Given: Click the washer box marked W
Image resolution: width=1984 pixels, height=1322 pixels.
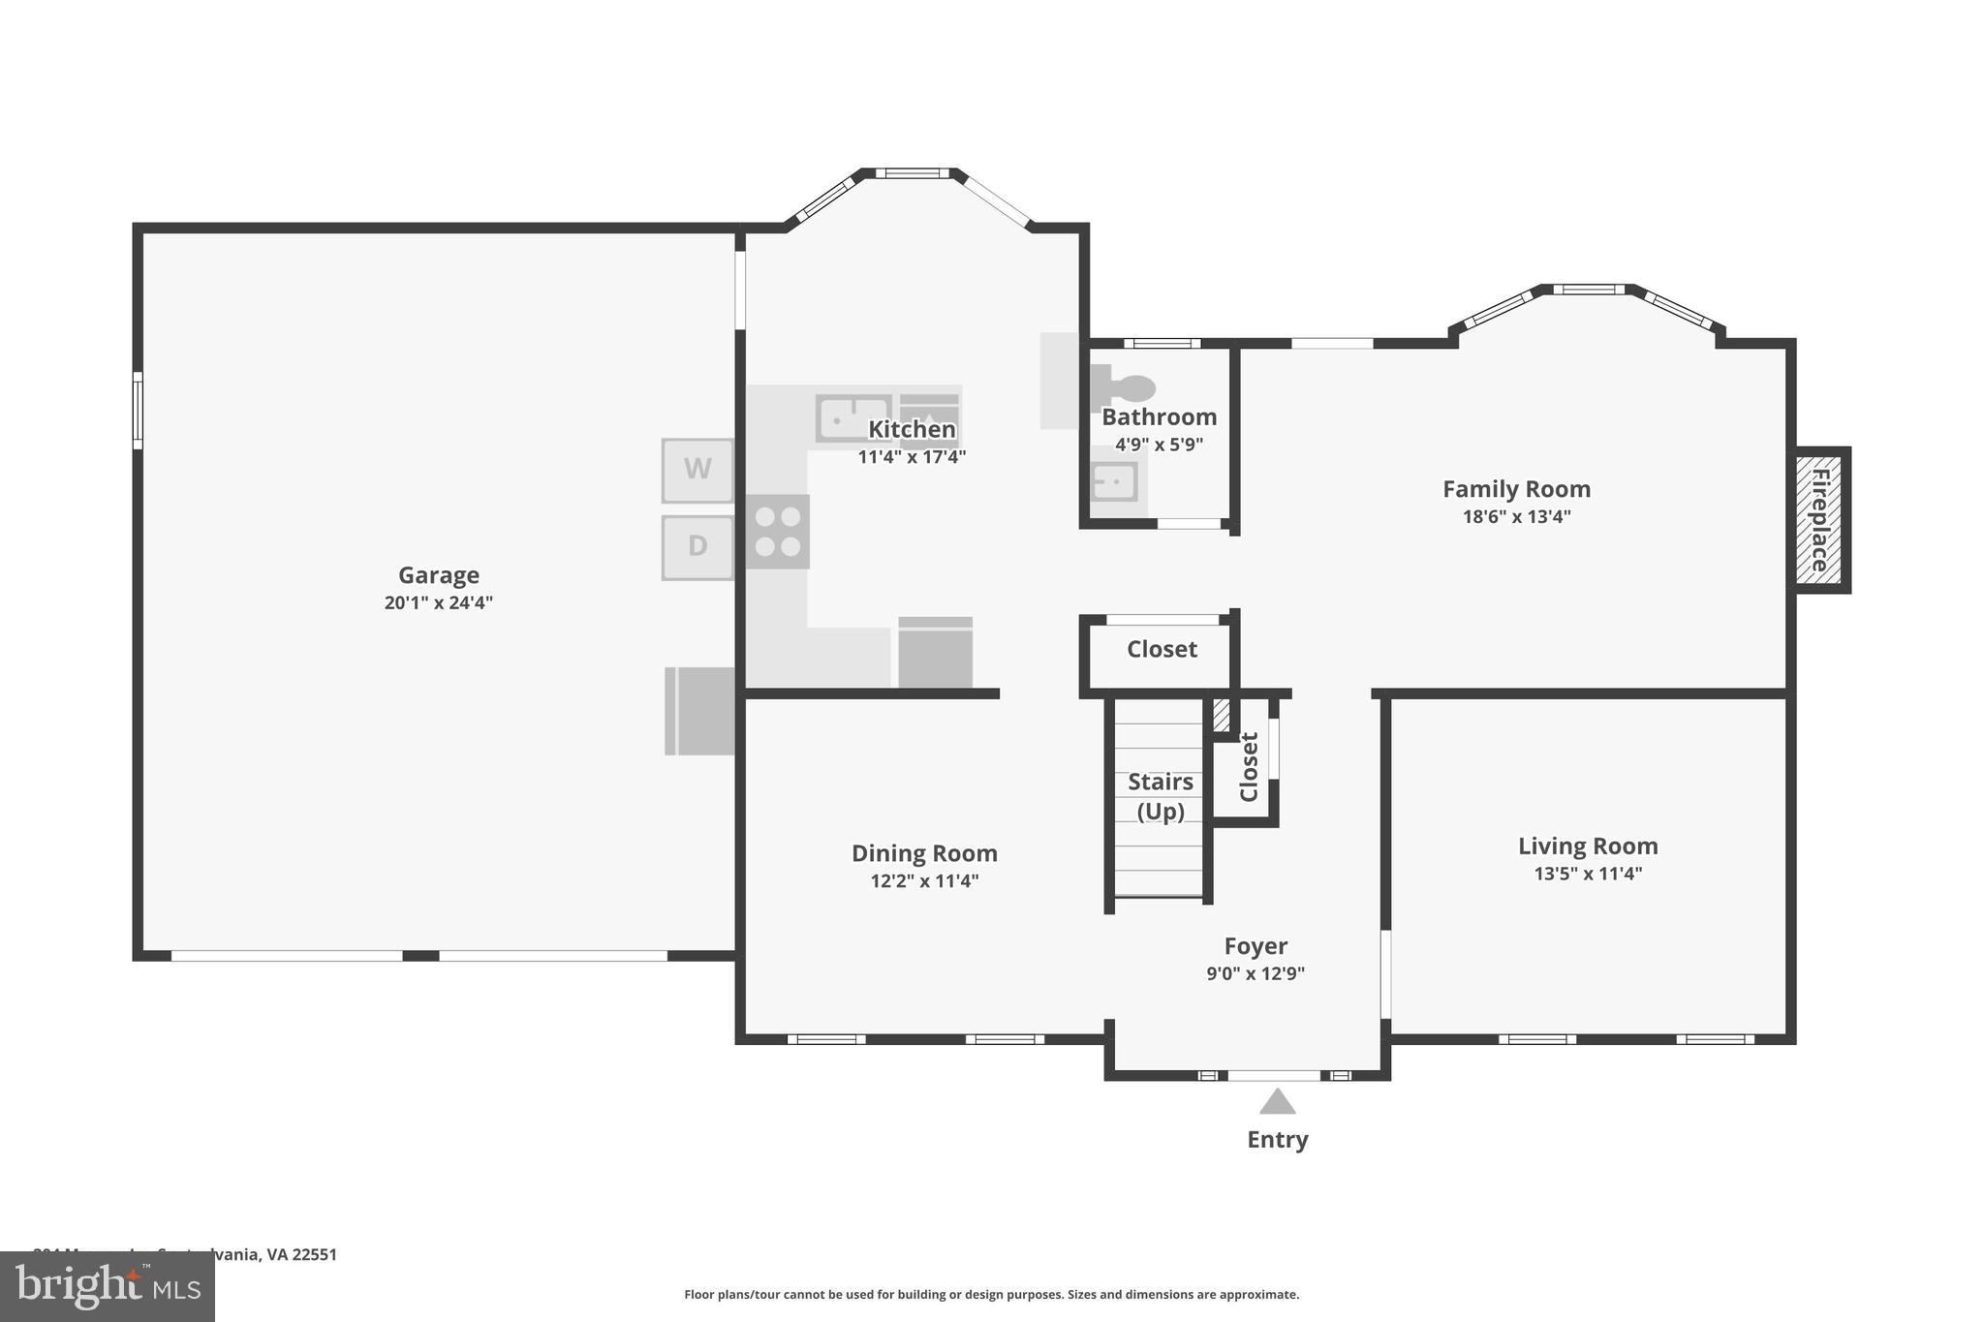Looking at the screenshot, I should pos(697,471).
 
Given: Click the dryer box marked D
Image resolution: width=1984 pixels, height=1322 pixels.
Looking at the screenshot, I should pos(697,547).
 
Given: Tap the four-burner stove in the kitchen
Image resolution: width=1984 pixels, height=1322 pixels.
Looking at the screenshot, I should pos(778,532).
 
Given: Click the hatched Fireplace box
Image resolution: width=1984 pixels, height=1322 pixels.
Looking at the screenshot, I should pos(1818,520).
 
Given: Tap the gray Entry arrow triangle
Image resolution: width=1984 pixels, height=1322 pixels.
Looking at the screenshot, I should pos(1277,1102).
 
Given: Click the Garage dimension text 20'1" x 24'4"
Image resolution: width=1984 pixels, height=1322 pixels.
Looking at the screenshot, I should pos(439,602).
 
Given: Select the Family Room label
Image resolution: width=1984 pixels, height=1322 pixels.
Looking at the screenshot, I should pos(1516,489).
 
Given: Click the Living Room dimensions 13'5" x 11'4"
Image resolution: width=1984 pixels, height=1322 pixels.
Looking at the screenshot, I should pos(1588,874).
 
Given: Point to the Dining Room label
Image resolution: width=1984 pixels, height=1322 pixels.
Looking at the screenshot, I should pos(924,853).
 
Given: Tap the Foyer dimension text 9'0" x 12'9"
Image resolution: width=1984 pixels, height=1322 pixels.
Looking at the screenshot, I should pos(1255,973).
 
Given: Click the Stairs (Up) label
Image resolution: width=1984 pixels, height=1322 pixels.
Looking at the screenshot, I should pos(1160,795).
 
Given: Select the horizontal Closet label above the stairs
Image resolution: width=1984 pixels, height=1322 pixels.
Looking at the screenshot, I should pos(1162,649).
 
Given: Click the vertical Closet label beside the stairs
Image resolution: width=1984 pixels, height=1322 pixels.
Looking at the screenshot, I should pos(1249,766).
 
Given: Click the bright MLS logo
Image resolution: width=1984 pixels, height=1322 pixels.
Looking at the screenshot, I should pos(108,1286).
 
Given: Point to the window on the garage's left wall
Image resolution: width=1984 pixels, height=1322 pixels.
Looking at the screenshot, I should pos(138,411).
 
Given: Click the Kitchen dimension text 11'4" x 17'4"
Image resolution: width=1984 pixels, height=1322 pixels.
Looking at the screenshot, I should pos(912,456).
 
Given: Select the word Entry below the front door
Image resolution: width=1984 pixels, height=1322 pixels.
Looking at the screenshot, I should pos(1277,1139).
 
